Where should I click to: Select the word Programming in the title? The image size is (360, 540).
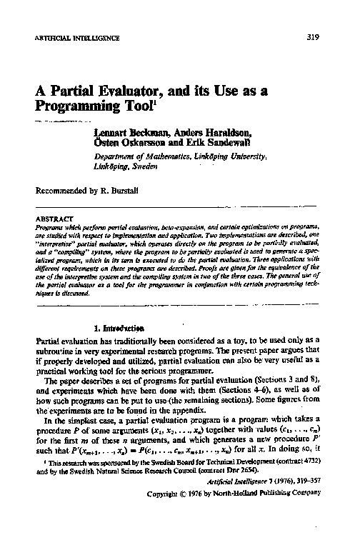[x=78, y=111]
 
